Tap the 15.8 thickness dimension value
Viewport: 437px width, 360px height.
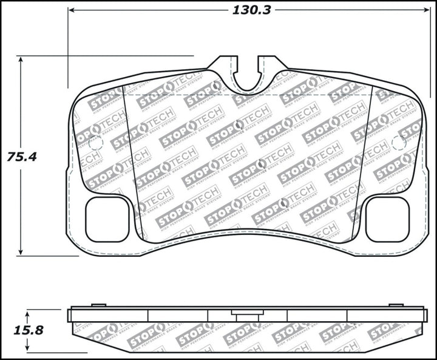click(x=26, y=331)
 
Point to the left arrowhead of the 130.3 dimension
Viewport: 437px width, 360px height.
click(x=71, y=10)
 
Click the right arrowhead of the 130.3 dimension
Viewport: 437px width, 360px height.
click(x=423, y=10)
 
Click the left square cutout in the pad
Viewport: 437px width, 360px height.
click(x=107, y=219)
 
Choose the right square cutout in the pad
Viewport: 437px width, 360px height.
click(x=387, y=219)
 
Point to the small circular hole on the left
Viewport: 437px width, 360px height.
click(x=96, y=143)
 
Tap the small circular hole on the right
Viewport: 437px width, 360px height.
click(x=399, y=143)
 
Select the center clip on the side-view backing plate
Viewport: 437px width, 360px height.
click(x=247, y=315)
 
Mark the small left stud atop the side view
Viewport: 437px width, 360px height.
click(x=98, y=305)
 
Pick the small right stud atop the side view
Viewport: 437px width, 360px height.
click(x=396, y=305)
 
